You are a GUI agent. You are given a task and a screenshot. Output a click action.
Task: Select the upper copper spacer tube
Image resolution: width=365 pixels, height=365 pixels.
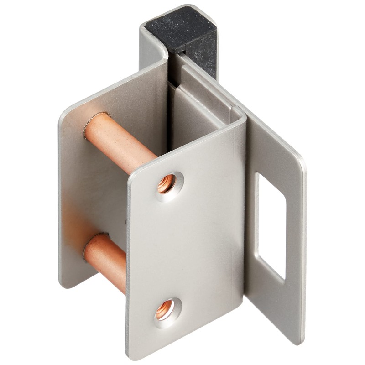click(120, 141)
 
